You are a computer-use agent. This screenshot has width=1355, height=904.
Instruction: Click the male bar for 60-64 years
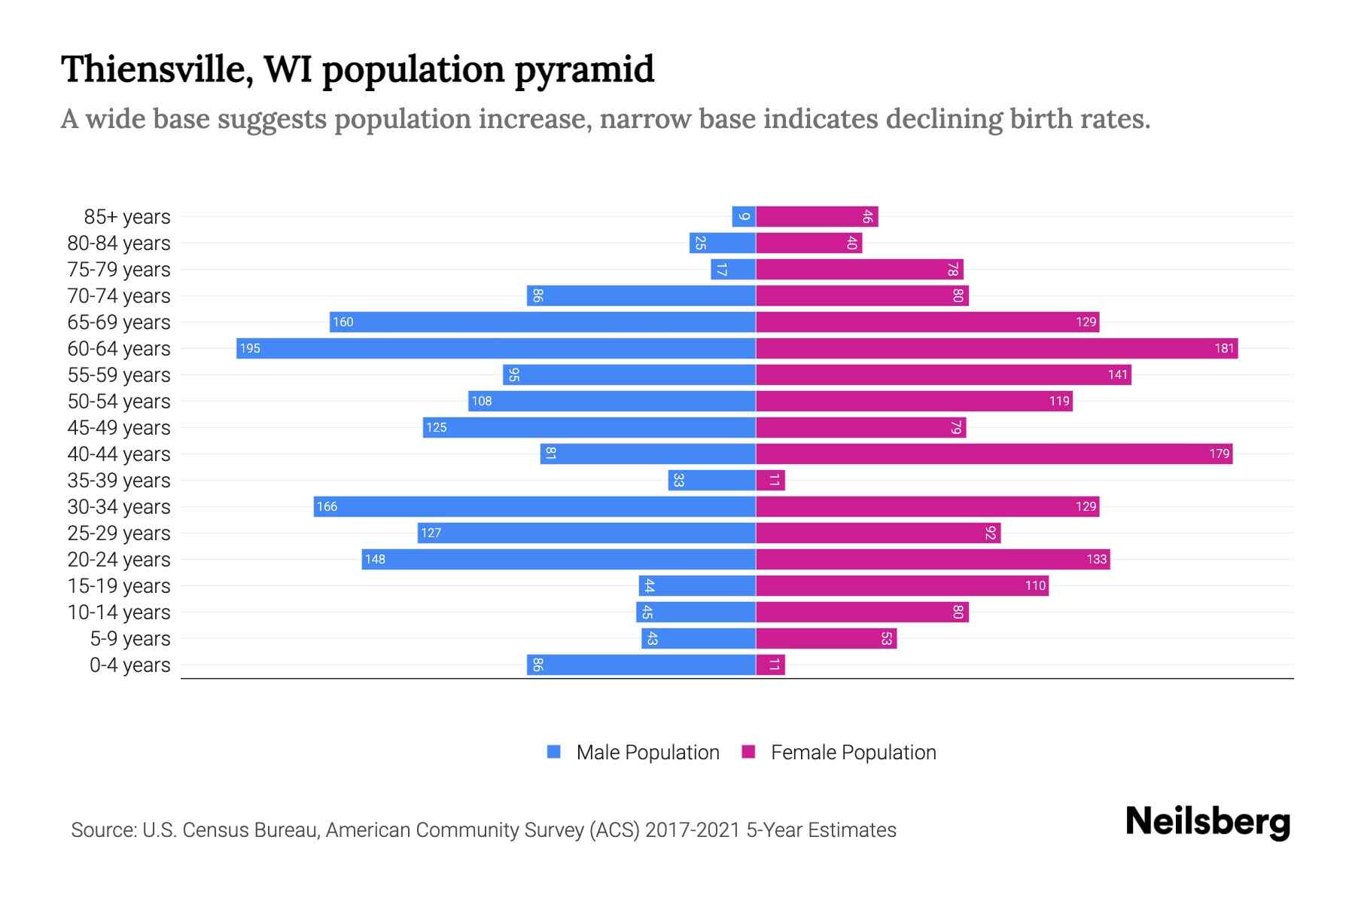497,348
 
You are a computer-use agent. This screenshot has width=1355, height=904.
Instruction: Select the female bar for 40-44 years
994,454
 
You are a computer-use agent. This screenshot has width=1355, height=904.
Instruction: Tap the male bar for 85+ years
744,216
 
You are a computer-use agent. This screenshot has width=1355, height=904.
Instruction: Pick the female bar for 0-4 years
770,664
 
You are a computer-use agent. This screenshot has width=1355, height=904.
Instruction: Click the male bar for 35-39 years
712,480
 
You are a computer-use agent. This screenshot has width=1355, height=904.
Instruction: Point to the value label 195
250,348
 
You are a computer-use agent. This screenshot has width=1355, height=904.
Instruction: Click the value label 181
1224,348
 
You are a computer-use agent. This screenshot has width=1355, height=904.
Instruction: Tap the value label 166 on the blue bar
327,506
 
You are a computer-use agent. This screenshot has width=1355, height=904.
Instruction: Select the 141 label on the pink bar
1117,374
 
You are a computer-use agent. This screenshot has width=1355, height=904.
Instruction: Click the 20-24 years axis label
119,559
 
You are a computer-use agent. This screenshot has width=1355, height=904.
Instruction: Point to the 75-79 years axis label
119,269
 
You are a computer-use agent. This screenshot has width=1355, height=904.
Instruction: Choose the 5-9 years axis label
130,638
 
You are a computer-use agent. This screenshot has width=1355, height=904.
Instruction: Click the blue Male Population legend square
554,752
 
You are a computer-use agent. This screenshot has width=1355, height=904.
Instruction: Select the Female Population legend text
853,752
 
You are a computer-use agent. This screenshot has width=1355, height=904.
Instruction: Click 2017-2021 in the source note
693,829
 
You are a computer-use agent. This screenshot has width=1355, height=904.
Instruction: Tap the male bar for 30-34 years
534,506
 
